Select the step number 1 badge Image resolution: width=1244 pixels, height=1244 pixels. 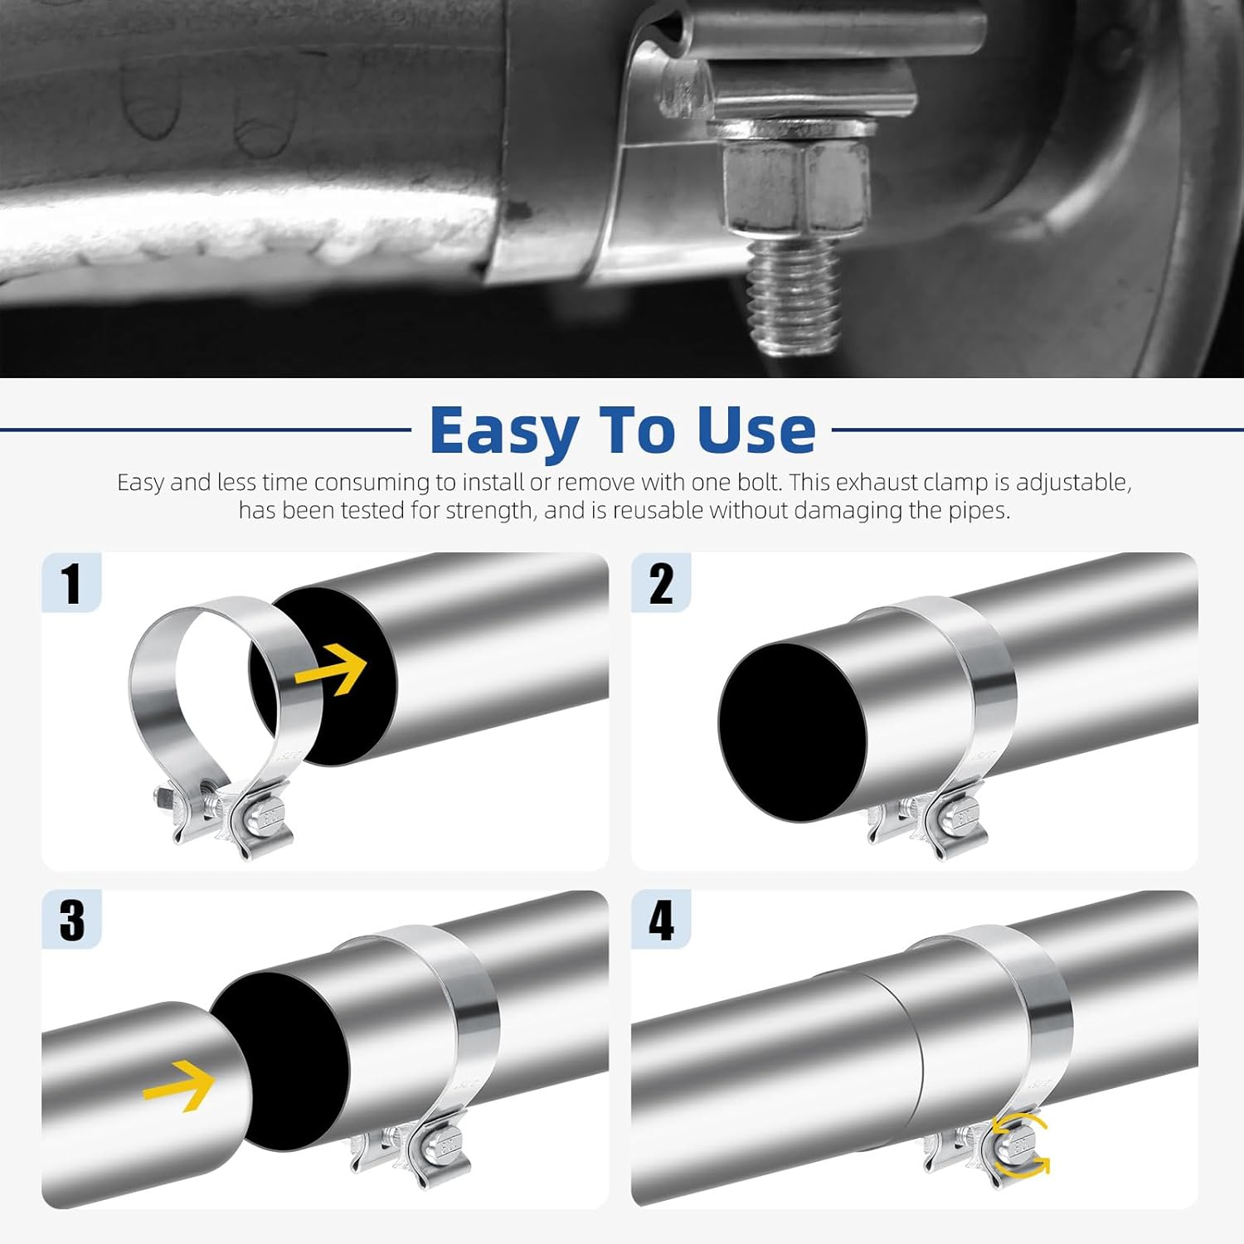(72, 583)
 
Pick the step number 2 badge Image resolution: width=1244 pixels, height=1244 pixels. (661, 583)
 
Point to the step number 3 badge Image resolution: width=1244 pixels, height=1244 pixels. (72, 920)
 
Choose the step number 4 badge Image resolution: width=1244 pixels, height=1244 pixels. (661, 920)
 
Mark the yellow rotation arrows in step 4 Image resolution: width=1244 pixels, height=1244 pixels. (1021, 1145)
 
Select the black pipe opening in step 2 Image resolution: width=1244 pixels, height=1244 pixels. (792, 731)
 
